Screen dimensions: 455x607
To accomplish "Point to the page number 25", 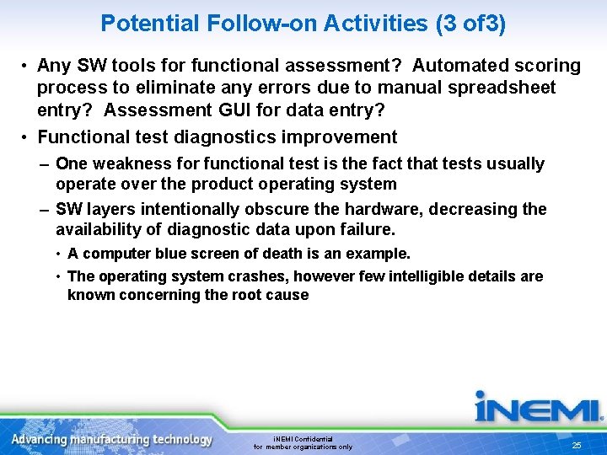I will pyautogui.click(x=577, y=445).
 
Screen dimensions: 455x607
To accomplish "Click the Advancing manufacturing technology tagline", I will pyautogui.click(x=112, y=440).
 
